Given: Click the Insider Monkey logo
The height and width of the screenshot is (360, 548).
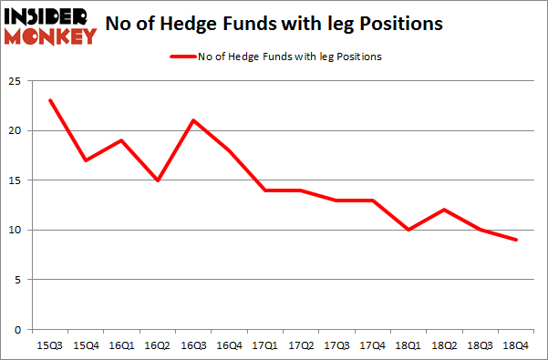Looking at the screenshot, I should click(51, 25).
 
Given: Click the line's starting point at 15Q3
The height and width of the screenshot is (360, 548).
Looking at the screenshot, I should click(50, 100).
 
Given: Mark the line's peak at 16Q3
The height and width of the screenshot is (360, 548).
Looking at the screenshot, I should click(193, 120).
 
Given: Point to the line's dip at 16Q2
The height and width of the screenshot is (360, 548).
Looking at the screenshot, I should click(158, 180).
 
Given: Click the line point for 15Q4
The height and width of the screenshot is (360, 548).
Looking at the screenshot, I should click(86, 160).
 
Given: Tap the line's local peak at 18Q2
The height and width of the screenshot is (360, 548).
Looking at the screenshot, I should click(443, 210).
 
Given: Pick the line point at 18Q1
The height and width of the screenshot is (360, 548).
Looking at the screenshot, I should click(408, 230).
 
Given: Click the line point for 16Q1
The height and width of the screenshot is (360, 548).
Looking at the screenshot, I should click(121, 140).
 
